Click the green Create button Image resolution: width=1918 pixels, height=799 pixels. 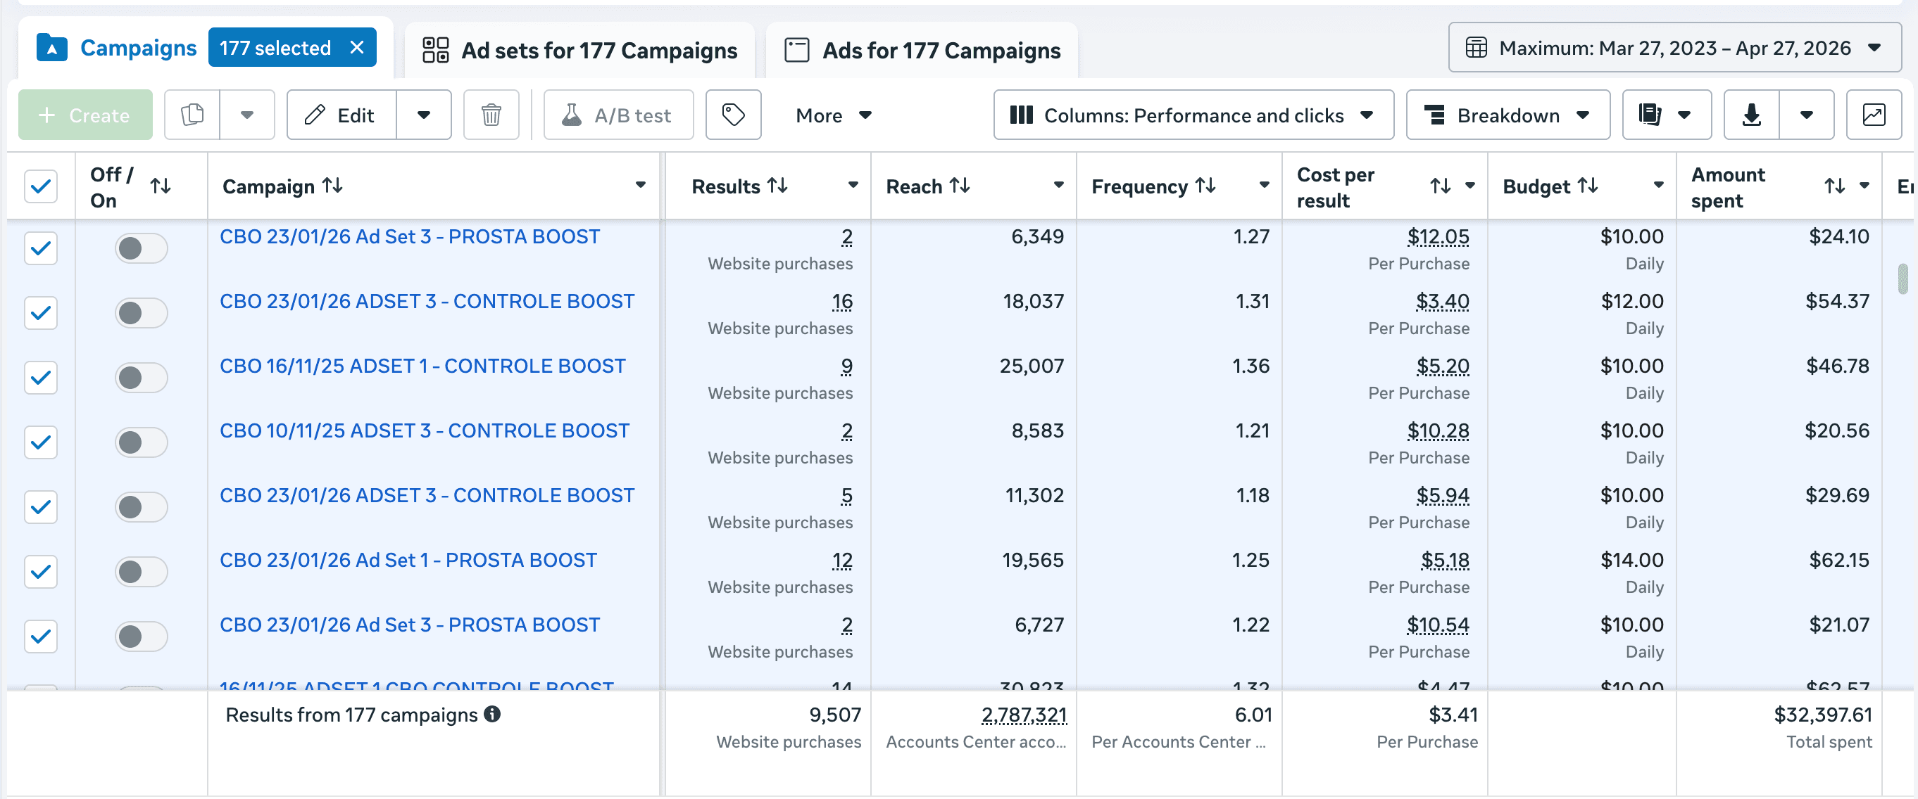pos(85,115)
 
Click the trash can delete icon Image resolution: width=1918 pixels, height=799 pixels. pos(491,115)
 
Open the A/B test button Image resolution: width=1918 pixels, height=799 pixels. pos(618,115)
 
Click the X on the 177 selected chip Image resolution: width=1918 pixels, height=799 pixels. pos(358,48)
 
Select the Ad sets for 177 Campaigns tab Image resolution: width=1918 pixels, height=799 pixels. pos(580,51)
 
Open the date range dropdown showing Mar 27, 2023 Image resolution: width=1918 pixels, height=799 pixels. pos(1674,49)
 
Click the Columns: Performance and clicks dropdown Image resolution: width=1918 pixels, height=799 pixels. pos(1193,115)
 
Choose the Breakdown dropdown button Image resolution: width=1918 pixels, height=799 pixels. pos(1507,115)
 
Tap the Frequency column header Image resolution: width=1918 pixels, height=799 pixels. pos(1139,186)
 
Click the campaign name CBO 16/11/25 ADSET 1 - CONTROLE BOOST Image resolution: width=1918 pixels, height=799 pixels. pos(422,366)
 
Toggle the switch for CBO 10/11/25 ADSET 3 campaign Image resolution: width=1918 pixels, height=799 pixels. pos(141,442)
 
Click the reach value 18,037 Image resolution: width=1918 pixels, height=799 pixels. pos(1033,301)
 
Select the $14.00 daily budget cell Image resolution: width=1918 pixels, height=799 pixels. pos(1631,560)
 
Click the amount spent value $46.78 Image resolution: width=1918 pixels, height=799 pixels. pos(1837,366)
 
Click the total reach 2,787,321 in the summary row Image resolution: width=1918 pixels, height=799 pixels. pos(1024,715)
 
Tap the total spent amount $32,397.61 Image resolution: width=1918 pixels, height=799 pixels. pos(1822,715)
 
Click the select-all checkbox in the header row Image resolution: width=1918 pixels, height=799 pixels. pos(41,186)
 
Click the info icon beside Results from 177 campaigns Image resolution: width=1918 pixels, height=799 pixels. pos(492,714)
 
